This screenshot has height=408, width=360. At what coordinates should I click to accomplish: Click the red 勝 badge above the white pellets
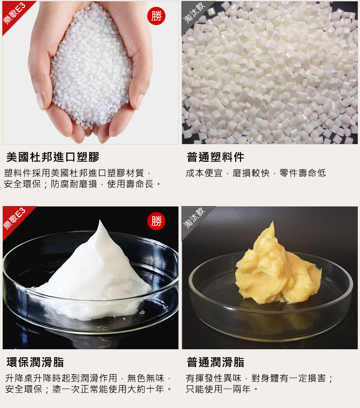tap(156, 16)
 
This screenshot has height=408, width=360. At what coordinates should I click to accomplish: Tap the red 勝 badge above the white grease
tap(156, 221)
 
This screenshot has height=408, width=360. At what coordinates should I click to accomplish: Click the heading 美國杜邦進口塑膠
tap(53, 157)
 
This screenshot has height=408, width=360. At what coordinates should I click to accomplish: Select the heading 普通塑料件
tap(216, 157)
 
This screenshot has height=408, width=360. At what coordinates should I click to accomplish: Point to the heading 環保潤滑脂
tap(35, 362)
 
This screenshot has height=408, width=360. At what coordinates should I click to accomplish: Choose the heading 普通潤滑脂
tap(216, 362)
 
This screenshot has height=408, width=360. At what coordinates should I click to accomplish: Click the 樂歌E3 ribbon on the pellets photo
tap(15, 14)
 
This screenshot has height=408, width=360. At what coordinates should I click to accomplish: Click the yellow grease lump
tap(278, 268)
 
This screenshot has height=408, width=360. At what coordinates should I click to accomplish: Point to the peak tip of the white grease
tap(100, 221)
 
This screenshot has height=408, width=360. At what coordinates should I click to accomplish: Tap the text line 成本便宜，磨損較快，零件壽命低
tap(256, 173)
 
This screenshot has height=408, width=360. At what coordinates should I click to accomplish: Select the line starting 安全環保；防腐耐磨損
tap(82, 184)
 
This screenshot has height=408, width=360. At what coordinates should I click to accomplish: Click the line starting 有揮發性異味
tap(259, 378)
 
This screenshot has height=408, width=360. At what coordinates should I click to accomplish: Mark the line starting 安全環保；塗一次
tap(88, 389)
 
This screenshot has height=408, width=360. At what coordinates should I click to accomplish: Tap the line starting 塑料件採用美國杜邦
tap(77, 173)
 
